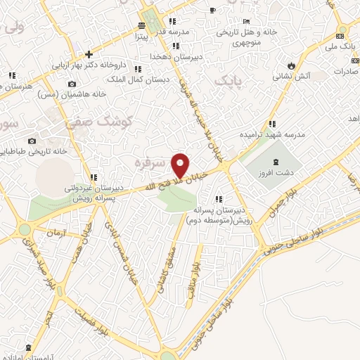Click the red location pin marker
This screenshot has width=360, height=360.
pos(181,166)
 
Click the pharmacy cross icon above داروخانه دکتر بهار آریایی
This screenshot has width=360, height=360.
pos(89,54)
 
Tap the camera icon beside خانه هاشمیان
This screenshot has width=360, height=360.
pos(72,84)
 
